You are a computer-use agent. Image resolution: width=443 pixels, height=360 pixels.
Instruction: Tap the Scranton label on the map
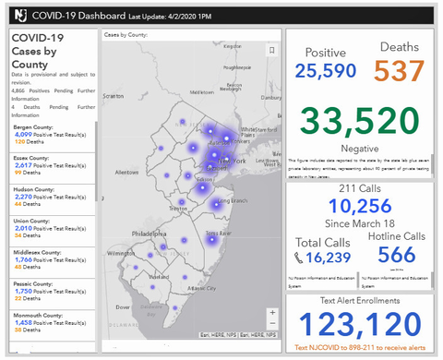click(114, 95)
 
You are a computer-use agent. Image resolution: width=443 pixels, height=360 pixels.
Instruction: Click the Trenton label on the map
click(178, 209)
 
